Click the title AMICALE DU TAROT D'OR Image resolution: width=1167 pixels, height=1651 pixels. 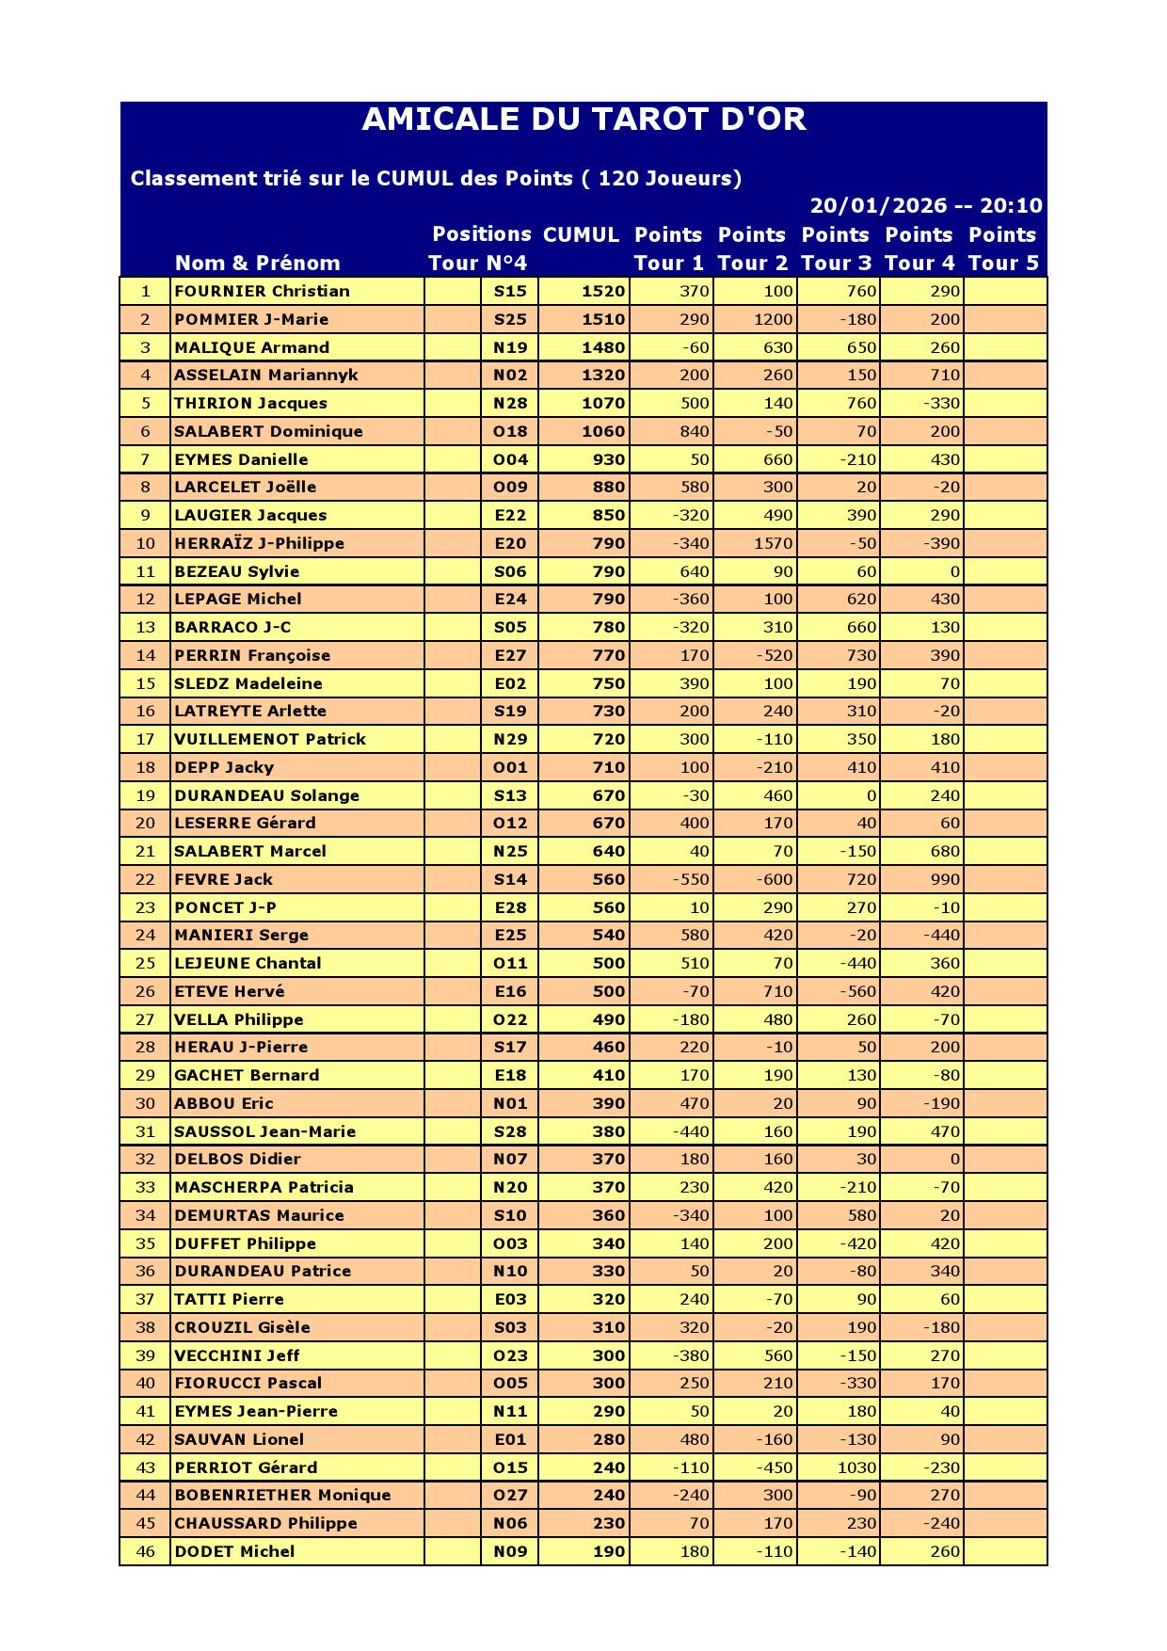[583, 120]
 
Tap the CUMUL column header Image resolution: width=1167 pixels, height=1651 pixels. [582, 235]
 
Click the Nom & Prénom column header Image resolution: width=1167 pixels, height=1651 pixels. [257, 264]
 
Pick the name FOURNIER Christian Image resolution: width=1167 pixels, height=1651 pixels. [262, 292]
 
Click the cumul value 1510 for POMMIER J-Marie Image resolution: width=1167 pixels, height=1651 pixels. [602, 319]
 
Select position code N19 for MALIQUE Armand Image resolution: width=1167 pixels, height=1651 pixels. [510, 347]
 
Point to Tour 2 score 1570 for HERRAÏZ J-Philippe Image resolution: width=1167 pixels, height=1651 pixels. [773, 543]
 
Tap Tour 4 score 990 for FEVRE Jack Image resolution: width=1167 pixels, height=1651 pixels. [944, 879]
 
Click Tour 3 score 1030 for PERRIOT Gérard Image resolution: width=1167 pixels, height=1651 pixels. [855, 1467]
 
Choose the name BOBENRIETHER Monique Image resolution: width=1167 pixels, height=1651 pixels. [282, 1495]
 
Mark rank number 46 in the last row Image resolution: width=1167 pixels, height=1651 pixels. [145, 1551]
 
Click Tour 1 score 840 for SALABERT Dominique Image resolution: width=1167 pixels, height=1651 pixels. [694, 431]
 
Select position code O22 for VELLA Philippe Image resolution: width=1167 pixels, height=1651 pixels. [510, 1019]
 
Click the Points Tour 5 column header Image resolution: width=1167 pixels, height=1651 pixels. [1002, 248]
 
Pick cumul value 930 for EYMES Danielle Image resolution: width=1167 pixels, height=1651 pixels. [608, 459]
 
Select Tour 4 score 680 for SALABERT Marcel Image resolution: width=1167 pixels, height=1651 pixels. [944, 851]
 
